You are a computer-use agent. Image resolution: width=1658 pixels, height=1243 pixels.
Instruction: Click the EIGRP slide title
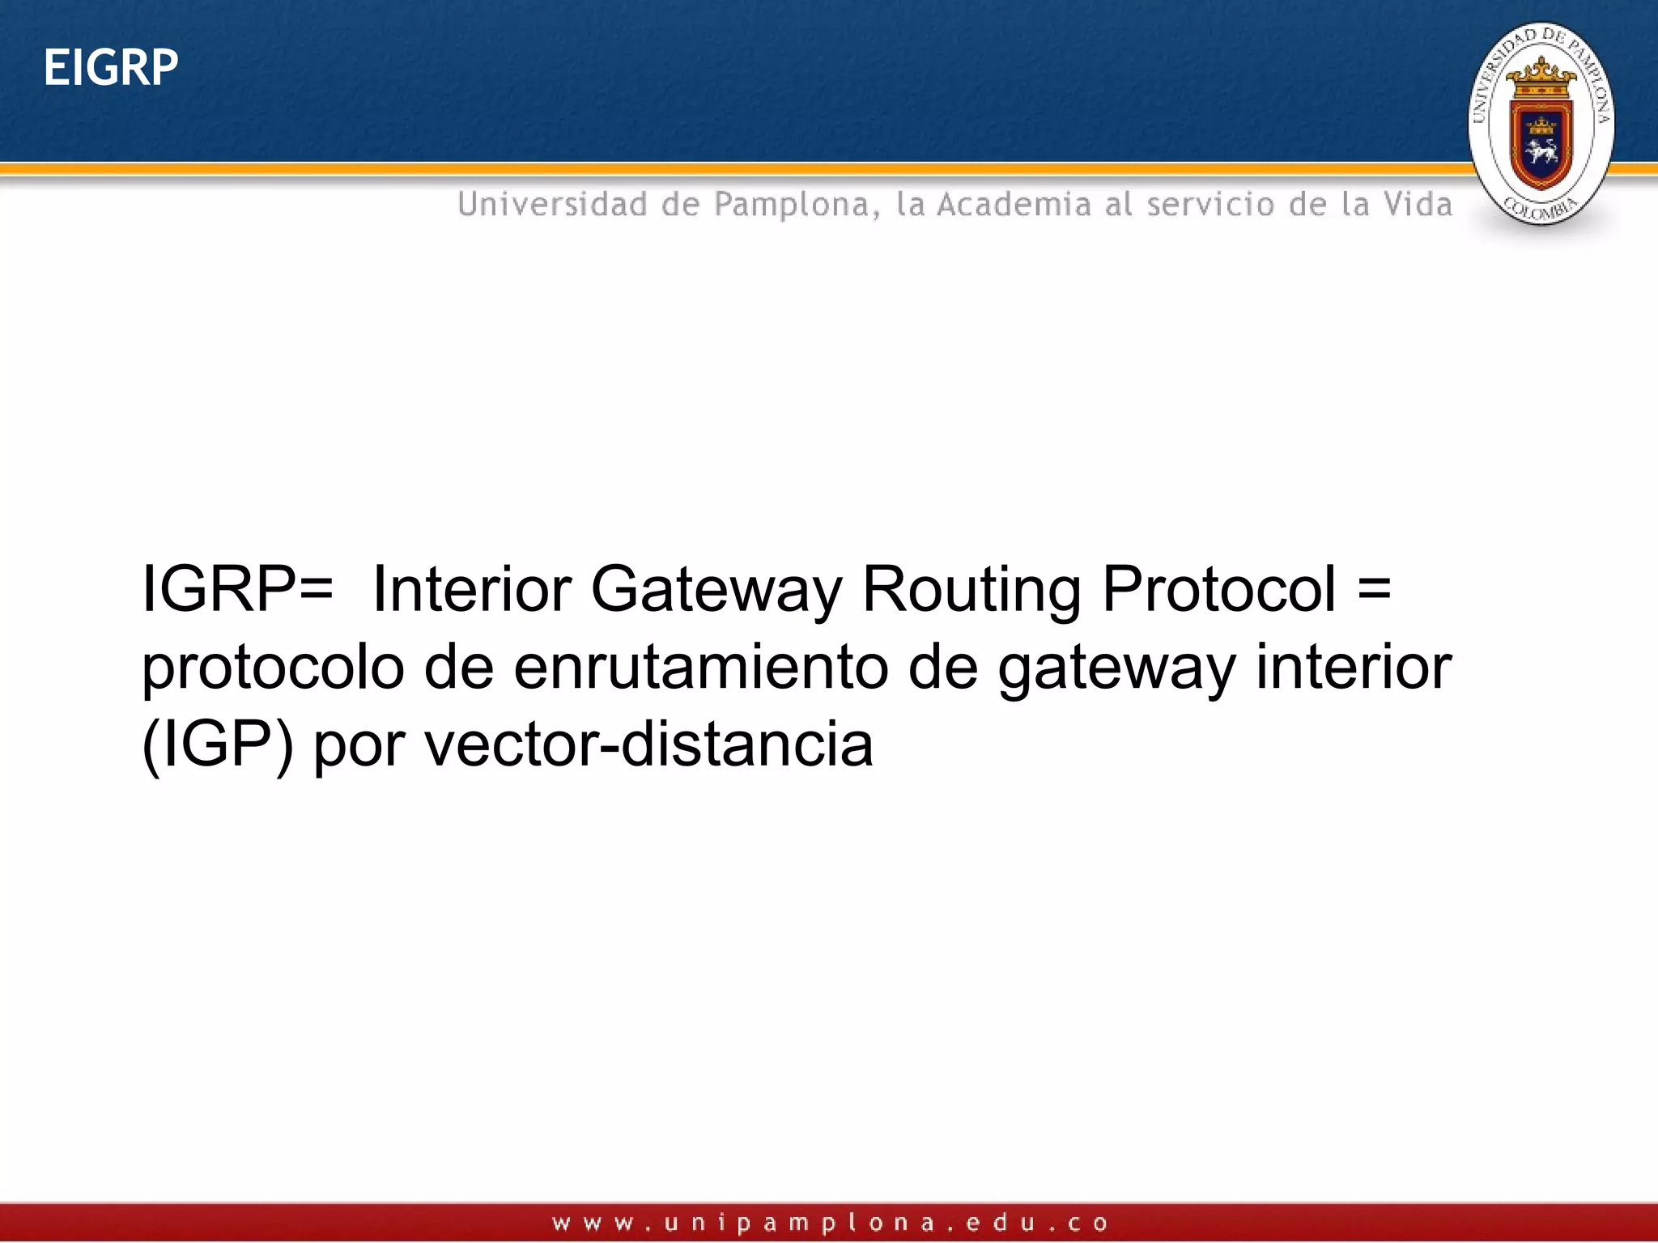pyautogui.click(x=111, y=67)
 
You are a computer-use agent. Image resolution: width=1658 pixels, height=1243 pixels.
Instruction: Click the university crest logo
pyautogui.click(x=1541, y=124)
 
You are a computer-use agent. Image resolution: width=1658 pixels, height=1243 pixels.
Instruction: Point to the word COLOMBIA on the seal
pyautogui.click(x=1541, y=209)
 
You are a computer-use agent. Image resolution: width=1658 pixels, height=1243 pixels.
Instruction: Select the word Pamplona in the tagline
pyautogui.click(x=797, y=205)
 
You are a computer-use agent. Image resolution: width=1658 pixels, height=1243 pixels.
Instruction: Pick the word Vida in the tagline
pyautogui.click(x=1418, y=204)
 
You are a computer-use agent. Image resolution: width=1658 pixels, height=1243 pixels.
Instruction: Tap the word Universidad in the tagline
pyautogui.click(x=552, y=204)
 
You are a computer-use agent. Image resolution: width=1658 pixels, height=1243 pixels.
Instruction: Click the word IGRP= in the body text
pyautogui.click(x=237, y=589)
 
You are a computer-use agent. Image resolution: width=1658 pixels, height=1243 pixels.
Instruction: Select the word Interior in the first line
pyautogui.click(x=473, y=589)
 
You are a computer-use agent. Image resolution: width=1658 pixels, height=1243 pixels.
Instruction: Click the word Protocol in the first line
pyautogui.click(x=1219, y=589)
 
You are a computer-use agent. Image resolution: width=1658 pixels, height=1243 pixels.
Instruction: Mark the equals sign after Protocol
pyautogui.click(x=1374, y=589)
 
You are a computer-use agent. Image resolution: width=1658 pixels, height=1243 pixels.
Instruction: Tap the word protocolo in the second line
pyautogui.click(x=273, y=668)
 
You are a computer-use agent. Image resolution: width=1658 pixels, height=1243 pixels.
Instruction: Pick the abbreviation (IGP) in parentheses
pyautogui.click(x=217, y=745)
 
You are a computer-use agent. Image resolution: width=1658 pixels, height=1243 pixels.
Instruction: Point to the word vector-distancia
pyautogui.click(x=649, y=745)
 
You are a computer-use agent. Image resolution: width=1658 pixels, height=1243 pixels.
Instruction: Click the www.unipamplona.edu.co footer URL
pyautogui.click(x=830, y=1223)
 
